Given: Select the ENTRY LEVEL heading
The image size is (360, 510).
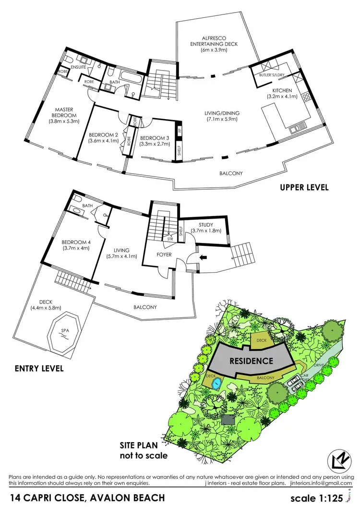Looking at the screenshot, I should [x=39, y=369].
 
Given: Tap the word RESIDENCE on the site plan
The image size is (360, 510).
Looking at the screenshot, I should [x=251, y=361].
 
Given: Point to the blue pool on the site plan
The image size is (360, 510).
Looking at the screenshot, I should [x=216, y=383].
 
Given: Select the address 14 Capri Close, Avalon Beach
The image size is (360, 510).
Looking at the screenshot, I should [x=88, y=498].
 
